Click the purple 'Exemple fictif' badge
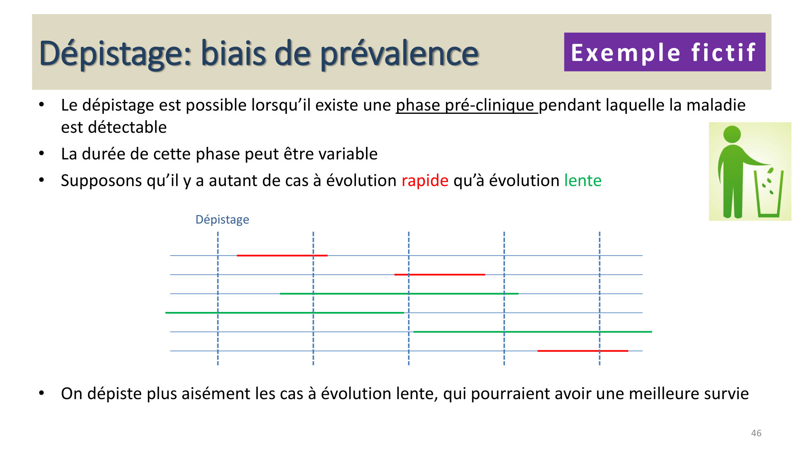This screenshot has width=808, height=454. pyautogui.click(x=664, y=52)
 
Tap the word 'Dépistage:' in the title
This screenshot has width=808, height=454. pyautogui.click(x=115, y=54)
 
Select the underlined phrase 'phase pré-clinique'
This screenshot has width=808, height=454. pyautogui.click(x=465, y=105)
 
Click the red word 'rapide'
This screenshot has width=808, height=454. pyautogui.click(x=425, y=180)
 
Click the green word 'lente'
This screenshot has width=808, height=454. pyautogui.click(x=583, y=180)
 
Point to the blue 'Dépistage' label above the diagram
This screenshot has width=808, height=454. pyautogui.click(x=222, y=220)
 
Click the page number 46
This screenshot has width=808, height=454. pyautogui.click(x=756, y=433)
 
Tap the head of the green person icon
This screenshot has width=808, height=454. pyautogui.click(x=732, y=134)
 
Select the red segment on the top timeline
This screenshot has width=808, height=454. pyautogui.click(x=282, y=255)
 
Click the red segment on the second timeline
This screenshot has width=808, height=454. pyautogui.click(x=440, y=274)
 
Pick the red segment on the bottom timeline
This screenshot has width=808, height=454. pyautogui.click(x=583, y=351)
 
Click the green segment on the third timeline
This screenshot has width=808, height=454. pyautogui.click(x=399, y=293)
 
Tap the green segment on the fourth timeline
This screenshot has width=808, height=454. pyautogui.click(x=284, y=313)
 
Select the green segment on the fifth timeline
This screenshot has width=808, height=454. pyautogui.click(x=532, y=332)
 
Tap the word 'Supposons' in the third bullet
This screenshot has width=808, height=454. pyautogui.click(x=101, y=180)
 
